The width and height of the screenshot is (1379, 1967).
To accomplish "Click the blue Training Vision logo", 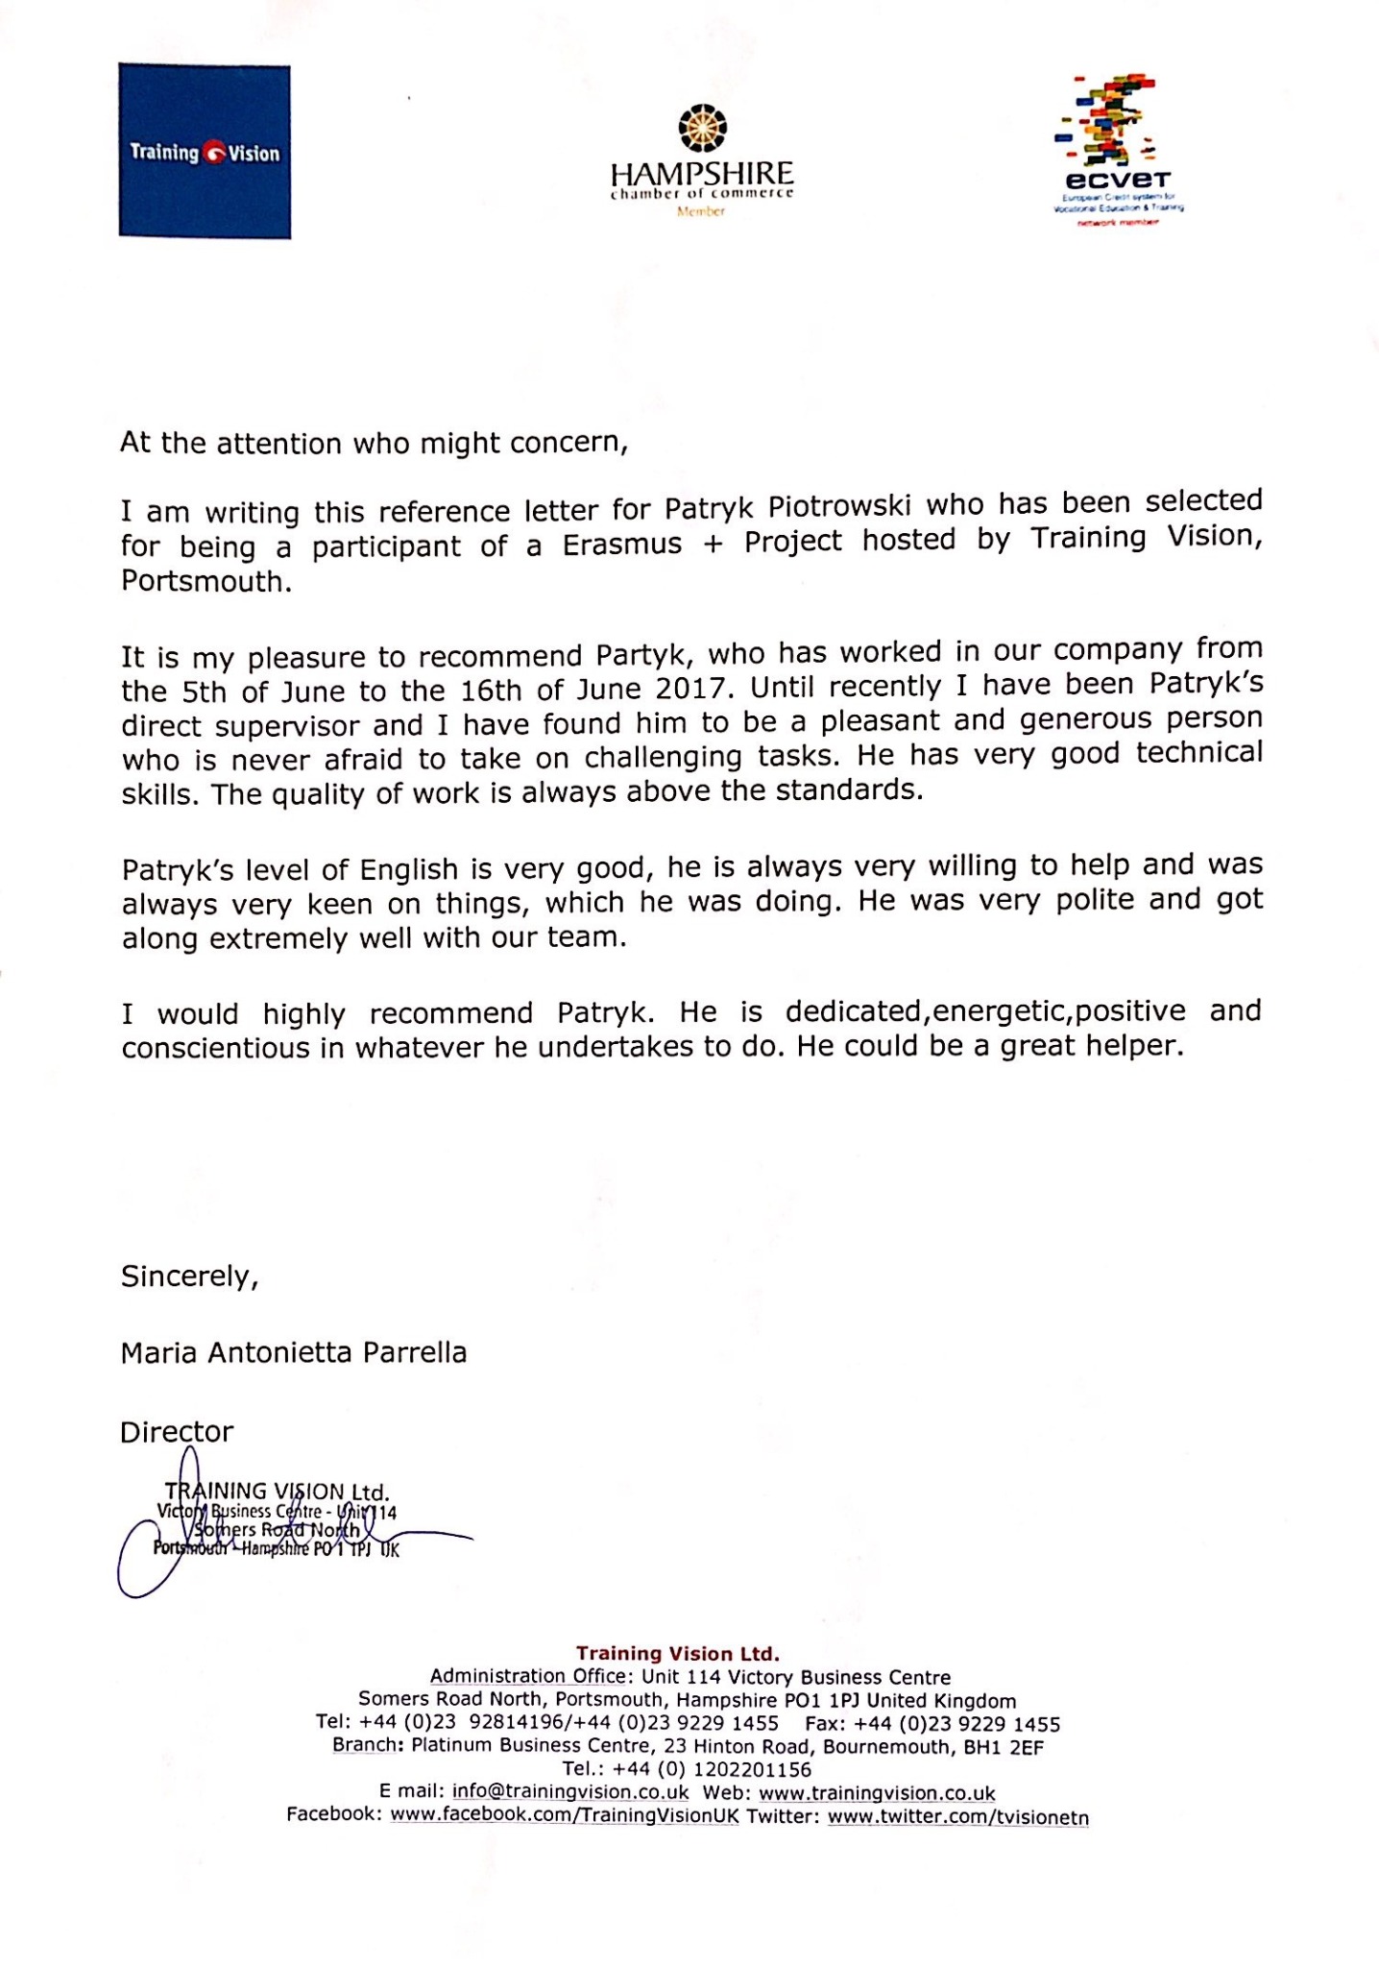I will pyautogui.click(x=205, y=151).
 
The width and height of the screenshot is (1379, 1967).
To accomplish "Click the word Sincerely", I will pyautogui.click(x=188, y=1276).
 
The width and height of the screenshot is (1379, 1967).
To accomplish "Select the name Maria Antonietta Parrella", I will pyautogui.click(x=293, y=1352).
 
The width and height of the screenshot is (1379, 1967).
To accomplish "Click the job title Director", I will pyautogui.click(x=177, y=1432).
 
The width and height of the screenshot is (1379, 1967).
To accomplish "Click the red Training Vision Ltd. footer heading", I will pyautogui.click(x=677, y=1654).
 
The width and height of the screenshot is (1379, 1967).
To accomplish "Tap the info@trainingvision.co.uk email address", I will pyautogui.click(x=570, y=1792).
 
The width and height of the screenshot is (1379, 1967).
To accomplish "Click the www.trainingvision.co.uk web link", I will pyautogui.click(x=877, y=1793).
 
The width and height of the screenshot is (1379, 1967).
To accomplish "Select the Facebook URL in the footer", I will pyautogui.click(x=565, y=1816).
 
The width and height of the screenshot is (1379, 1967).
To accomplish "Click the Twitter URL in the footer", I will pyautogui.click(x=957, y=1816).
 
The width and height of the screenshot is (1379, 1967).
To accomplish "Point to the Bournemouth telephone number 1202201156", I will pyautogui.click(x=752, y=1769).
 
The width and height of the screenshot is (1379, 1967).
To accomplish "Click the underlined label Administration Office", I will pyautogui.click(x=527, y=1677).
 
